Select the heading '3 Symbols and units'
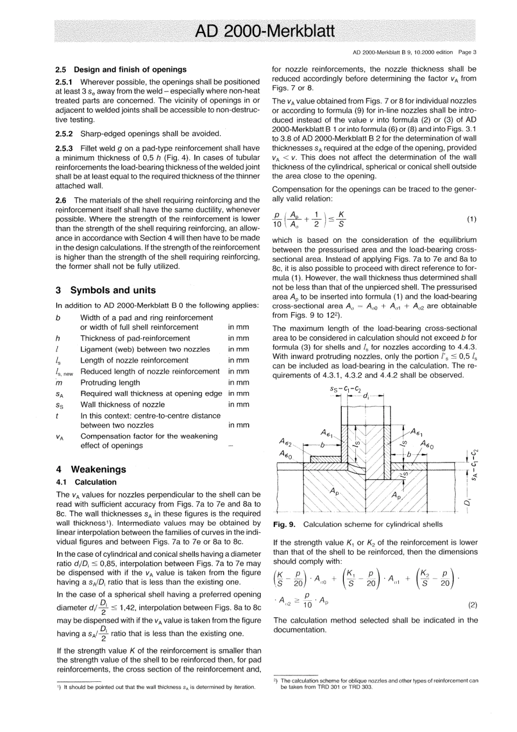tap(106, 291)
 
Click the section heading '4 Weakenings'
tap(91, 469)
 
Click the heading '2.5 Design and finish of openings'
tap(121, 70)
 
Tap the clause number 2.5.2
tap(67, 133)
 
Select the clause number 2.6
tap(63, 200)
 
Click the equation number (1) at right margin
tap(471, 219)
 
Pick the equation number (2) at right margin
tap(471, 604)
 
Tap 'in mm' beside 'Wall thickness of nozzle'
tap(238, 405)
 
